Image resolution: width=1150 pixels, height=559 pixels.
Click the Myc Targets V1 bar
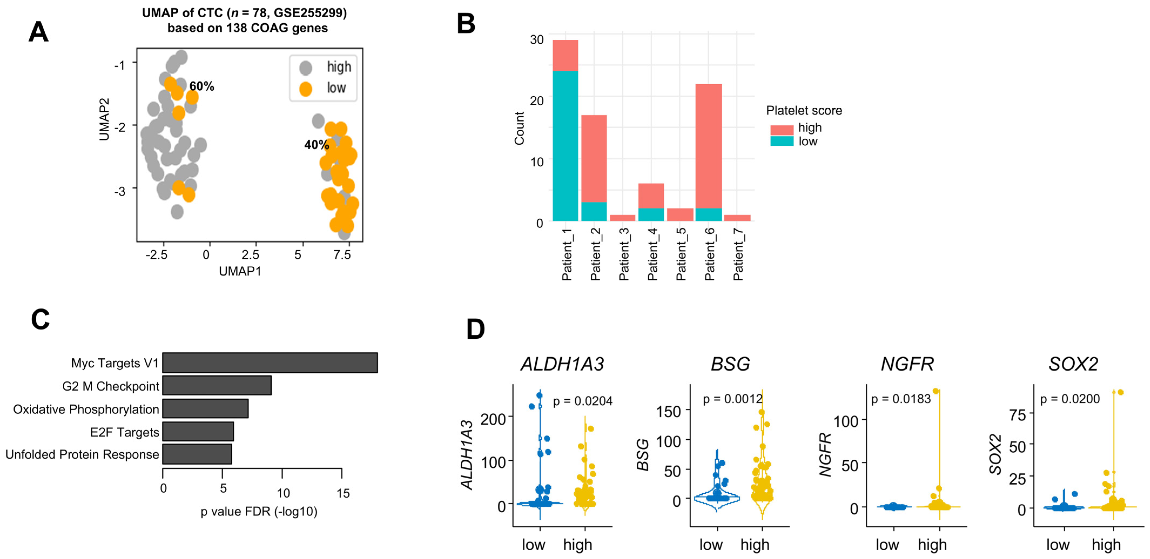tap(270, 363)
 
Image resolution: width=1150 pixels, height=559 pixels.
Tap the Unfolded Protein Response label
tap(82, 454)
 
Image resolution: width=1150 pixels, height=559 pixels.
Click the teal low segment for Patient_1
tap(565, 146)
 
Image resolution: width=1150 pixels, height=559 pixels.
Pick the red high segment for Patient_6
tap(709, 146)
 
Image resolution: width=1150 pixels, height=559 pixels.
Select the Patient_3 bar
tap(622, 218)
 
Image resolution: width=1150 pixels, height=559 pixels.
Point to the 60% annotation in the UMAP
tap(202, 86)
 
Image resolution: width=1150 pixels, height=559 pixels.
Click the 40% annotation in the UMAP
tap(316, 145)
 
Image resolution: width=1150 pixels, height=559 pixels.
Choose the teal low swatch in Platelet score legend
tap(782, 142)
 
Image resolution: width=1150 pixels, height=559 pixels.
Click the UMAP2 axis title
tap(104, 120)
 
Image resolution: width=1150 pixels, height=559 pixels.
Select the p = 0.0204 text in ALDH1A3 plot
tap(583, 401)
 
